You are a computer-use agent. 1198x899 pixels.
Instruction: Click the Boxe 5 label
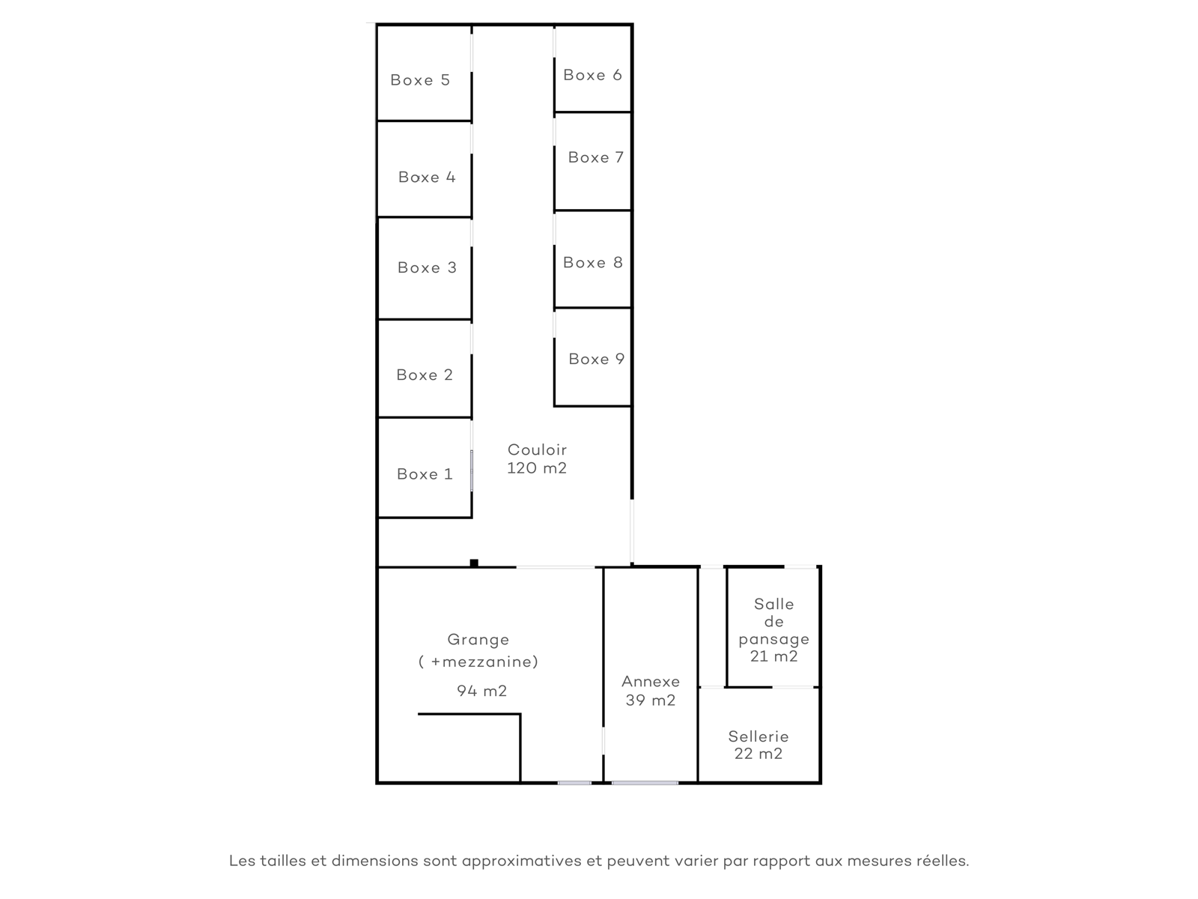[420, 80]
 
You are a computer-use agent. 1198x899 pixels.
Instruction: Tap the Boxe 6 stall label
[592, 75]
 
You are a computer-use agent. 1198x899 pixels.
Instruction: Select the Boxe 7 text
[595, 157]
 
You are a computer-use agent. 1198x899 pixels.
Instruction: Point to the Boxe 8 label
[593, 262]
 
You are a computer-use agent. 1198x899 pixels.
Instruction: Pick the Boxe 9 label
[596, 359]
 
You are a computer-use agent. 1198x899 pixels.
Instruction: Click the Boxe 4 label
[427, 177]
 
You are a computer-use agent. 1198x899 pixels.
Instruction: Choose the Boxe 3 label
[427, 267]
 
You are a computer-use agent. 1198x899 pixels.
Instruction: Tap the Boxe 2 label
[425, 375]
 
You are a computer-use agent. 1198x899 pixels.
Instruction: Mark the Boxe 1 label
[425, 473]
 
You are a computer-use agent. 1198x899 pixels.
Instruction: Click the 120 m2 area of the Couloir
[537, 467]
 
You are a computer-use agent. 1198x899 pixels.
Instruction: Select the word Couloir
[537, 449]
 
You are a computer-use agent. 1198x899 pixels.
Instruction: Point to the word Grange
[478, 640]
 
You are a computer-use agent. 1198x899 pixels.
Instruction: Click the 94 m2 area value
[482, 691]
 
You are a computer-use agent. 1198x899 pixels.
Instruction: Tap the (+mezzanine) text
[478, 662]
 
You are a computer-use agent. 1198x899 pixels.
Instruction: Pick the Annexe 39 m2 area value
[651, 700]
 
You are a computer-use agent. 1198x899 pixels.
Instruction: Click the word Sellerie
[758, 736]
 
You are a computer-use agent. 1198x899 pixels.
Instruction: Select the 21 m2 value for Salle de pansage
[774, 656]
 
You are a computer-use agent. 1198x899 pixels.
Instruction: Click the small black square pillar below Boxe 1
[474, 563]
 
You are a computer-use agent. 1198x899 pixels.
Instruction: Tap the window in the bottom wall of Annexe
[645, 783]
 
